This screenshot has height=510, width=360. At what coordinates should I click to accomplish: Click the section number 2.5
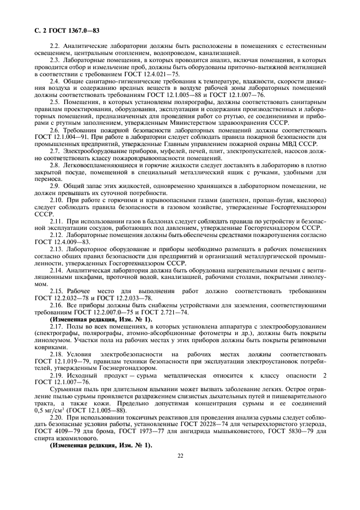point(56,102)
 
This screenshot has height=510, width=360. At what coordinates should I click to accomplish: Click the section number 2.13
point(57,248)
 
